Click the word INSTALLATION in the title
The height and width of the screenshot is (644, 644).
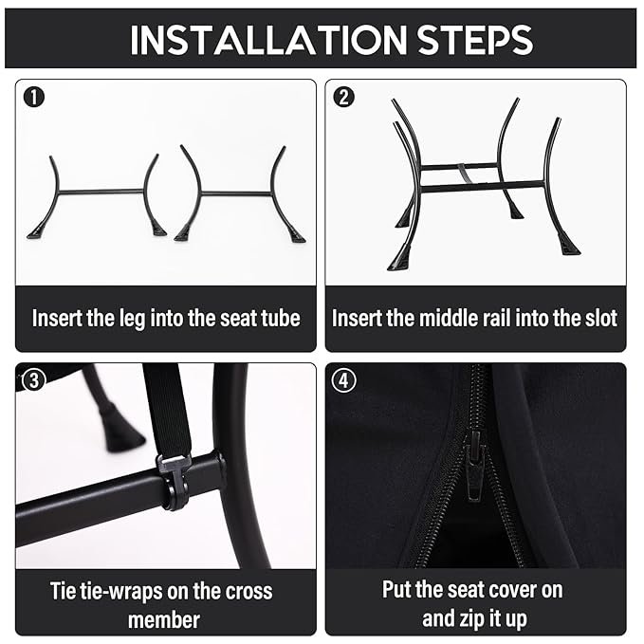[268, 40]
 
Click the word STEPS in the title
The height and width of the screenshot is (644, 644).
[475, 40]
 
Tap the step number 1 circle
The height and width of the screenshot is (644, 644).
[34, 98]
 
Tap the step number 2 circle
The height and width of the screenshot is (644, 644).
[343, 98]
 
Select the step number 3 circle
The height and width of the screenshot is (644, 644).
[34, 380]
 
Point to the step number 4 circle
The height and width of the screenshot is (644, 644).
[343, 380]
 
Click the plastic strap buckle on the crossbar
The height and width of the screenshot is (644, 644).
[174, 481]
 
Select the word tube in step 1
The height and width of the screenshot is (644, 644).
[283, 319]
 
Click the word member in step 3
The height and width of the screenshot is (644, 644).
[164, 620]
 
